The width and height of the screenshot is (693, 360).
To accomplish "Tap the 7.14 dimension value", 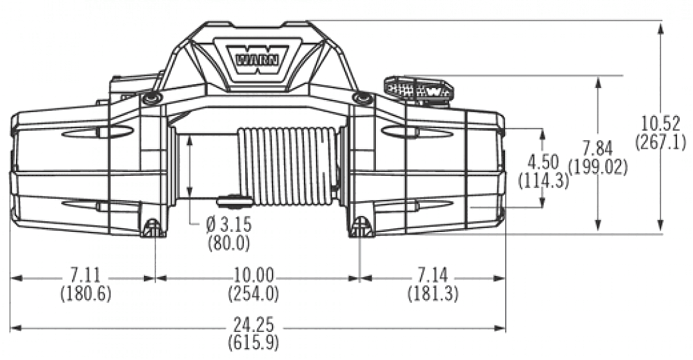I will (432, 276).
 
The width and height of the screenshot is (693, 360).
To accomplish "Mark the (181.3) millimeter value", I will (432, 293).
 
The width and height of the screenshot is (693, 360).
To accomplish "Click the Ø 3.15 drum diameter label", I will (229, 225).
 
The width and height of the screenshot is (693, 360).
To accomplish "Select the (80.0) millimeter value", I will (229, 242).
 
